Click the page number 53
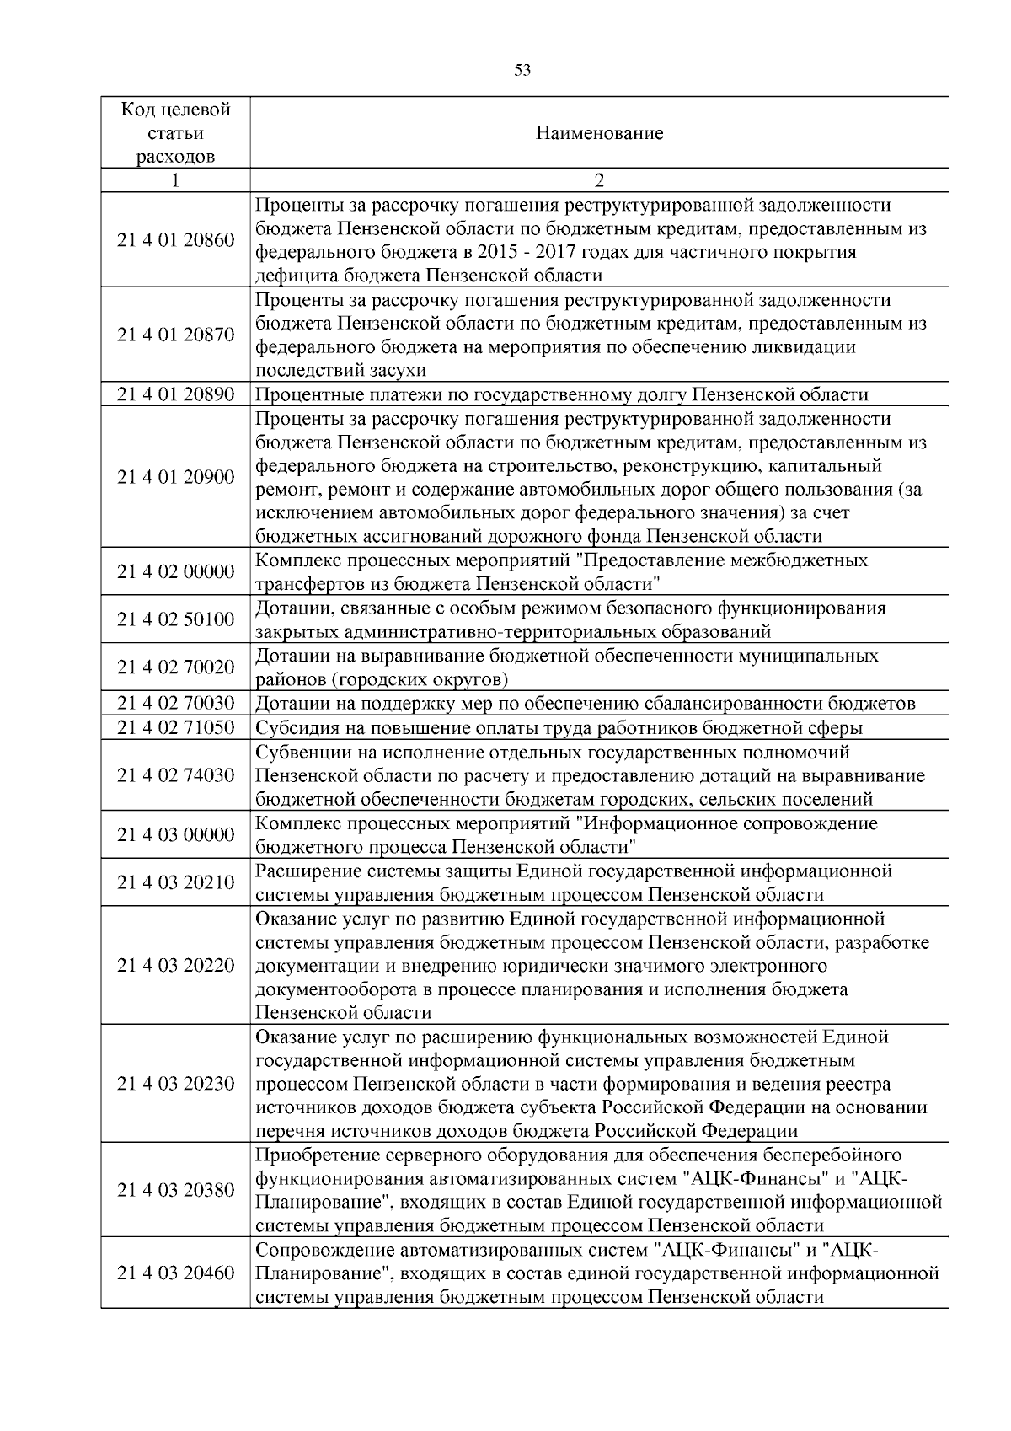click(522, 70)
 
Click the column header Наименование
click(599, 133)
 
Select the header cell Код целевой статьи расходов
click(175, 133)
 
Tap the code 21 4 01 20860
click(175, 240)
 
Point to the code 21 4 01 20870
click(175, 335)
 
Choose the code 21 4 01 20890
click(175, 394)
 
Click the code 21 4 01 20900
click(175, 477)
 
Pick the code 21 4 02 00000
click(175, 572)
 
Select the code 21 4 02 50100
click(175, 619)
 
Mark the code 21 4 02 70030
click(175, 703)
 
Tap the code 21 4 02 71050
click(175, 727)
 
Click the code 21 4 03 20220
click(175, 965)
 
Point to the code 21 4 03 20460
click(175, 1273)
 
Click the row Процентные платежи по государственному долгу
click(561, 395)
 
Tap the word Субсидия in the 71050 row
click(292, 728)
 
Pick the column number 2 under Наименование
click(599, 181)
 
